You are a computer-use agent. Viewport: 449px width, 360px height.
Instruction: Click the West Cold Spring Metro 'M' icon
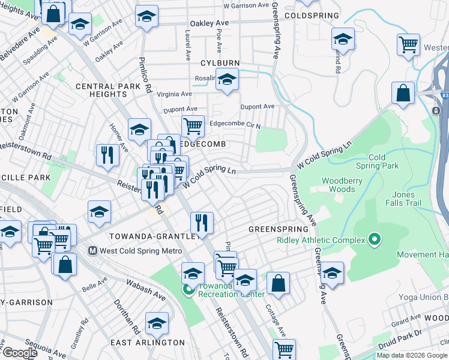point(93,251)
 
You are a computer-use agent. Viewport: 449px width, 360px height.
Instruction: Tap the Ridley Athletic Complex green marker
point(375,241)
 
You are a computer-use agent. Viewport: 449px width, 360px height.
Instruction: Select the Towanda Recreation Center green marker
point(188,290)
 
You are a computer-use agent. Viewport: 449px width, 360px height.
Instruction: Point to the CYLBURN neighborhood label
point(220,63)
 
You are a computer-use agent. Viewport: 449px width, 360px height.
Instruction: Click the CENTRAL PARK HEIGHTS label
point(112,90)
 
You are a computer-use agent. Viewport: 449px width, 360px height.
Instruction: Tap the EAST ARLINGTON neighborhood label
point(148,343)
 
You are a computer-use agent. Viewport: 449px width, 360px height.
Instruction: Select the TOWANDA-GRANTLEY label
point(153,236)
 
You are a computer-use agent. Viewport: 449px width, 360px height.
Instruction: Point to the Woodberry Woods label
point(343,185)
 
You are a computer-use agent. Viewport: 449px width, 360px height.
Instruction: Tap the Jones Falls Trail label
point(403,199)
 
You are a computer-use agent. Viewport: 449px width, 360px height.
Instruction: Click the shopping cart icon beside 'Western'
point(408,43)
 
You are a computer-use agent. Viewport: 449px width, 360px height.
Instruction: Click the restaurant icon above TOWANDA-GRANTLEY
point(202,222)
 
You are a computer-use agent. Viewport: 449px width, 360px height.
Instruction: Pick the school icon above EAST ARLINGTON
point(157,323)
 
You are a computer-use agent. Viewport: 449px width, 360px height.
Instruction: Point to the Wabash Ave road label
point(146,288)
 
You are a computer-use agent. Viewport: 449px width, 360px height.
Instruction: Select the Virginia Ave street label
point(174,94)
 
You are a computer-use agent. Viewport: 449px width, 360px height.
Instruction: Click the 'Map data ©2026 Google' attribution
point(412,355)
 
